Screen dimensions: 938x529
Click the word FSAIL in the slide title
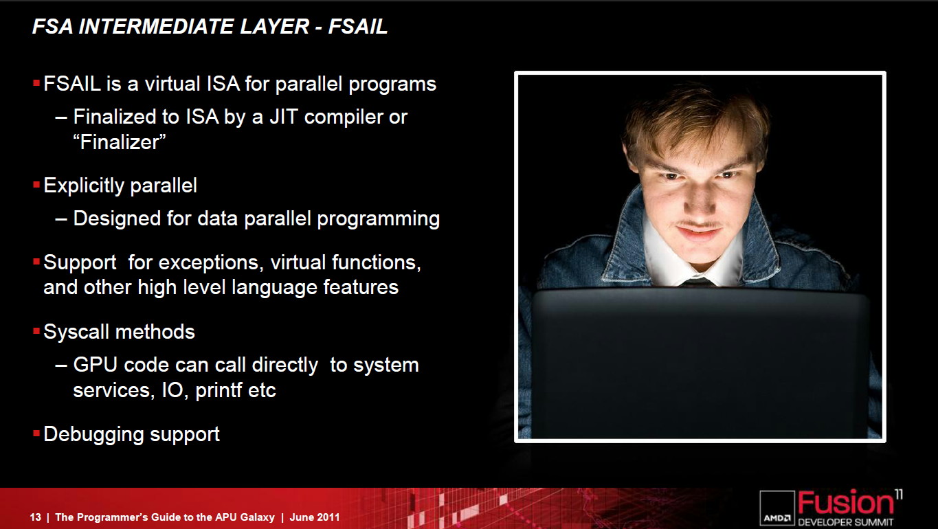(358, 26)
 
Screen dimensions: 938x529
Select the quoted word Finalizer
(120, 142)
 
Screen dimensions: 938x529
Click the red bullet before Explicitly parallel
(36, 184)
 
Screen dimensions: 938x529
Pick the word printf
(219, 391)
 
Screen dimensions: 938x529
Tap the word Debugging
(93, 435)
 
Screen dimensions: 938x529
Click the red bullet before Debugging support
(36, 433)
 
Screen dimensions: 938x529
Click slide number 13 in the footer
(36, 517)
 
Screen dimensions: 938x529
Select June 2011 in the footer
(315, 517)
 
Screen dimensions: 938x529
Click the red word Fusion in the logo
(845, 503)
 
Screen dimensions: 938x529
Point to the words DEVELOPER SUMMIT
(845, 522)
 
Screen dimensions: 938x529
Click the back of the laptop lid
(700, 363)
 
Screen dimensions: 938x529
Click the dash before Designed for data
(61, 219)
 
